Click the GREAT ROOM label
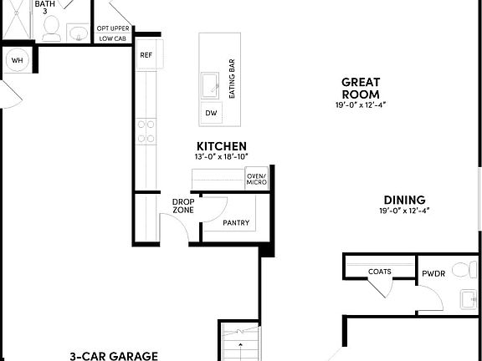click(x=361, y=88)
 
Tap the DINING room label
click(x=404, y=200)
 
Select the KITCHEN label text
click(x=222, y=146)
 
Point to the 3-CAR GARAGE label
click(x=114, y=355)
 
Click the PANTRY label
click(x=238, y=223)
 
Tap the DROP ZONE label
click(x=183, y=206)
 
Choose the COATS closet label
click(x=380, y=272)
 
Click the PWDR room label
click(x=433, y=273)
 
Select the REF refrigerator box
click(x=146, y=55)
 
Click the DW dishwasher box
click(x=210, y=113)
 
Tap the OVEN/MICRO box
click(x=256, y=178)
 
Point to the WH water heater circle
click(x=17, y=60)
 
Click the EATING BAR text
click(x=232, y=79)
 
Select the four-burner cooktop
click(x=146, y=130)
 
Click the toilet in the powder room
click(x=461, y=271)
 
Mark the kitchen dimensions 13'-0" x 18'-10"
click(x=222, y=157)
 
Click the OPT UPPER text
click(x=113, y=29)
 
